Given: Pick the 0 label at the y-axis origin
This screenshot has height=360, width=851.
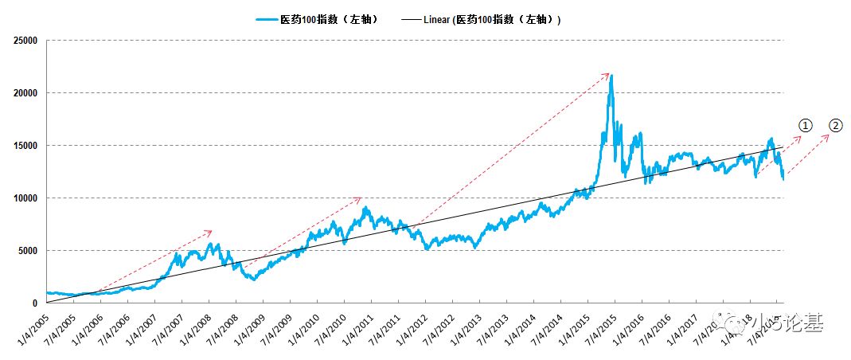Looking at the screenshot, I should pyautogui.click(x=35, y=303).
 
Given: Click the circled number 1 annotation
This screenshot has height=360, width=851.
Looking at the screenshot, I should pyautogui.click(x=806, y=126).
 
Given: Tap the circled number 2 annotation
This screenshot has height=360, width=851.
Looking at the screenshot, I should pyautogui.click(x=835, y=126).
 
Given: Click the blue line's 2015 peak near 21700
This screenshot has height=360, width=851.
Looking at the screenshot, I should pyautogui.click(x=611, y=76).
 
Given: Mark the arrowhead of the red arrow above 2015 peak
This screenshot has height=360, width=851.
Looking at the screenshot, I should pyautogui.click(x=608, y=74).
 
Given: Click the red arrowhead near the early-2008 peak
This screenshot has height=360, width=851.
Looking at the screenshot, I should pyautogui.click(x=211, y=231).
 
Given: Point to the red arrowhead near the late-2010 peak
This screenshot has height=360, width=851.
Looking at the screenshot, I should pyautogui.click(x=361, y=198).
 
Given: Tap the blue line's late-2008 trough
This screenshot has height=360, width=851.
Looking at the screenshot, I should pyautogui.click(x=253, y=279).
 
